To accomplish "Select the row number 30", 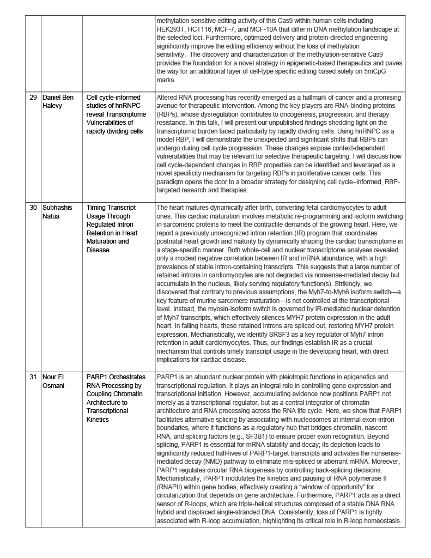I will coord(33,208).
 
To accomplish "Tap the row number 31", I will coord(33,377).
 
